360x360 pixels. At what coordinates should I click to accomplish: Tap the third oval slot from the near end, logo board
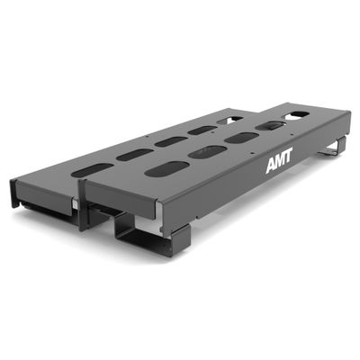(x=241, y=138)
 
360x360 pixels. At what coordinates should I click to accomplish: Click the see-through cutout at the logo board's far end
(x=299, y=114)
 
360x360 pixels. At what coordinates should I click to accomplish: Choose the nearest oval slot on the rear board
(x=94, y=169)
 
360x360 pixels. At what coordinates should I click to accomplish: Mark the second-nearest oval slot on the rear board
(x=134, y=154)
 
